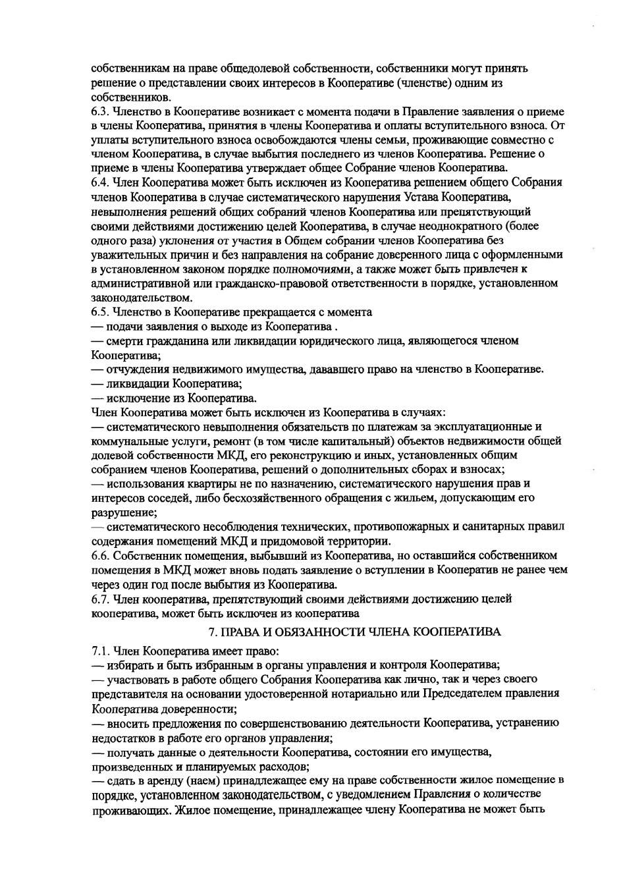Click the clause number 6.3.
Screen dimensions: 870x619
click(x=100, y=111)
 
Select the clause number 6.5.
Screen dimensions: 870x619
click(x=100, y=312)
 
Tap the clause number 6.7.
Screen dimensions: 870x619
click(x=100, y=599)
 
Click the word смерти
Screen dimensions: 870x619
click(x=123, y=340)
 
